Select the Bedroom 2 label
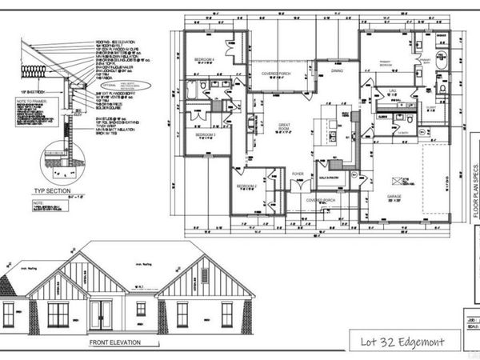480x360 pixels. [x=246, y=186]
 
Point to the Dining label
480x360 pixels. [x=338, y=70]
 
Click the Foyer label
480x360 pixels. [x=298, y=173]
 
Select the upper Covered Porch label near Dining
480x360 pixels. [x=276, y=73]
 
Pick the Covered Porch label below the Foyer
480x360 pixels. [x=310, y=201]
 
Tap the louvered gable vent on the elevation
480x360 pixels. [x=204, y=276]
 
